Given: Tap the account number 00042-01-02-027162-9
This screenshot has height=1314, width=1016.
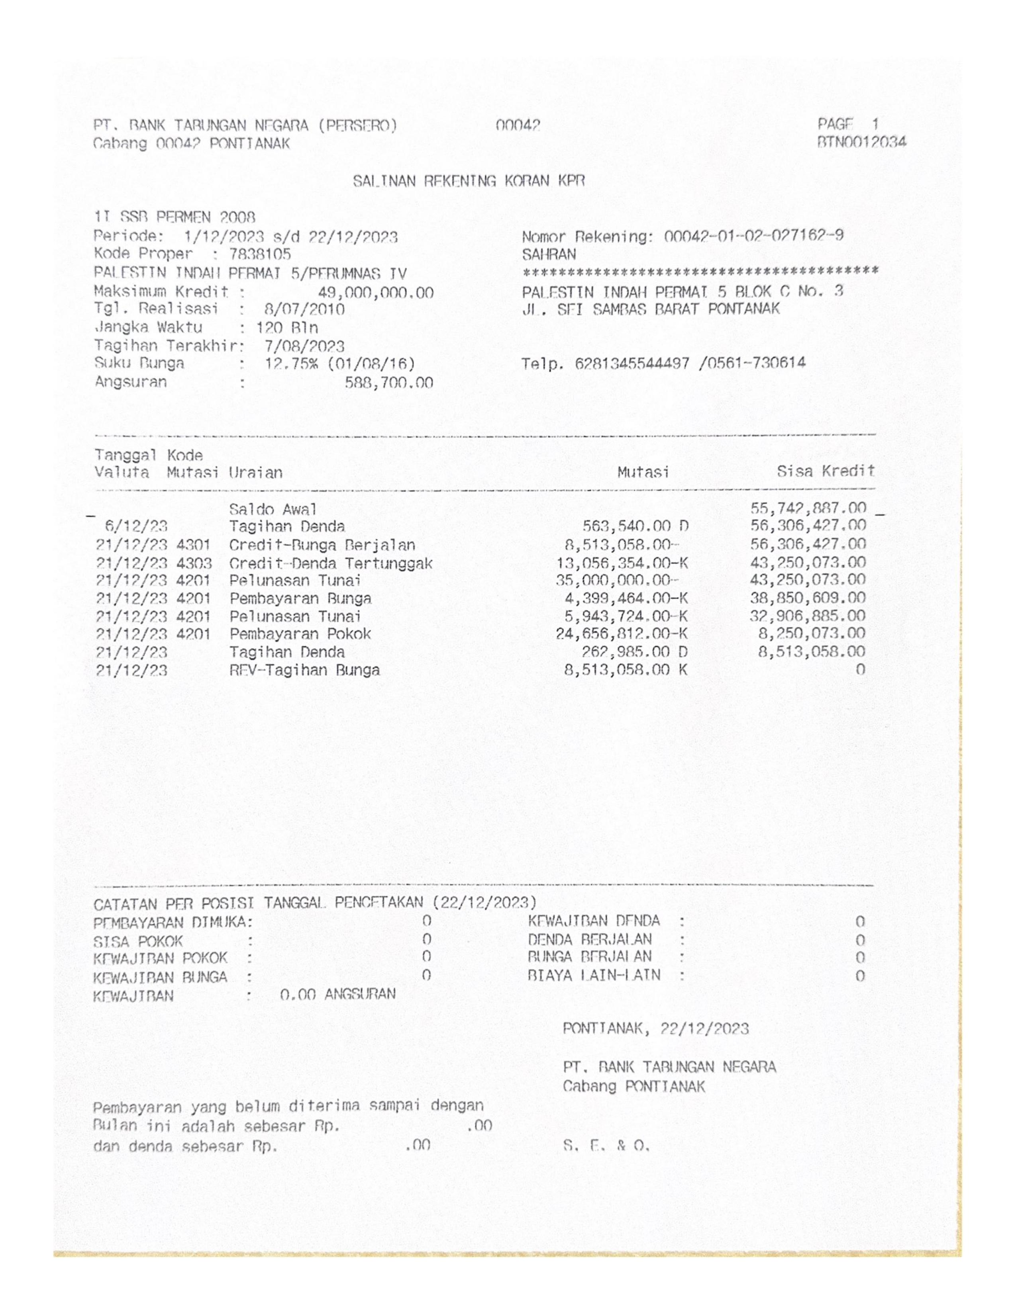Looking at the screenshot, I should (753, 236).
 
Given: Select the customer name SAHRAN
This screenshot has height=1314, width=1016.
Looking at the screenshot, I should (548, 254).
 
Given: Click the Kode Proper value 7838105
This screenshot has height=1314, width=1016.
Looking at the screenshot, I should (259, 254).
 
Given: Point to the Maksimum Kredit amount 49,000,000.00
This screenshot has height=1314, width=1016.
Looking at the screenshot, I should (375, 293).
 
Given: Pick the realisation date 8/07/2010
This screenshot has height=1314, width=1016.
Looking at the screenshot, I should (304, 310).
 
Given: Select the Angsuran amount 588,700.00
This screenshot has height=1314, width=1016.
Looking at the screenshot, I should (388, 383).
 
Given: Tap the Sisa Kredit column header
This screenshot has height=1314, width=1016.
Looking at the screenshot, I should (825, 471).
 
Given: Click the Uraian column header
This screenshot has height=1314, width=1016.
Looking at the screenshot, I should (255, 473).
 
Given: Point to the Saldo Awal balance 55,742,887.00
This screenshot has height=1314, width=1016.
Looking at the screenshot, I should (808, 508).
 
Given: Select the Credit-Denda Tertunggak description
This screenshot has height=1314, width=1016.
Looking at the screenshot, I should (330, 564).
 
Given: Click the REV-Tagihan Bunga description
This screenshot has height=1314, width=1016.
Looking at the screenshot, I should (304, 670).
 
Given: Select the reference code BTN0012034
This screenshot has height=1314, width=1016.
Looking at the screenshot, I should (861, 143).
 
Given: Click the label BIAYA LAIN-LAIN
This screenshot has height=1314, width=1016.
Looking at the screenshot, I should (594, 975).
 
